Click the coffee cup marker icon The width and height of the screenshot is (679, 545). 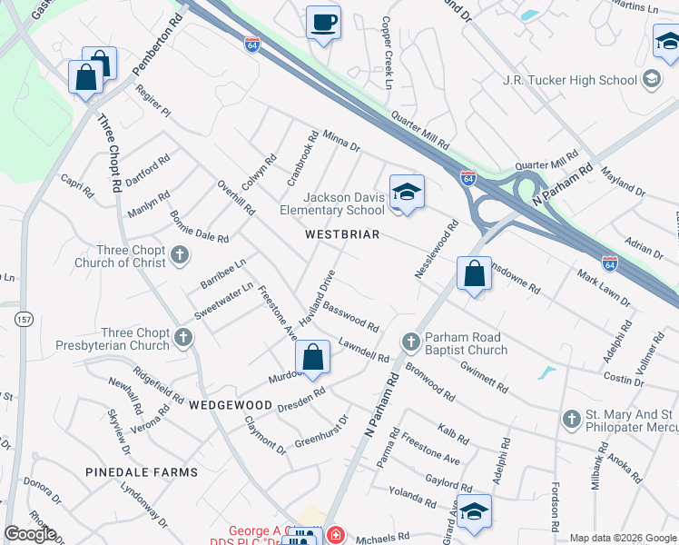coord(322,23)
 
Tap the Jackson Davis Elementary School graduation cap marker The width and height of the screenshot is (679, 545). coord(407,193)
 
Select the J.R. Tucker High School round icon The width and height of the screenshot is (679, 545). coord(651,80)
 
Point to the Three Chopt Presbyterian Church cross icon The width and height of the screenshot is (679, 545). coord(183,339)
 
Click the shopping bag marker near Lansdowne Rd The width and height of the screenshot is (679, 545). coord(475,274)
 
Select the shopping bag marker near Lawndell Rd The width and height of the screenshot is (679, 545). coord(312,358)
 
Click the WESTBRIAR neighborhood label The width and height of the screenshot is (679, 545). coord(341,234)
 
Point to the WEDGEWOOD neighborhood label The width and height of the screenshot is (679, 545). coord(231,404)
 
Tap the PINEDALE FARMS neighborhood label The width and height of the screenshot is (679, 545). coord(141,472)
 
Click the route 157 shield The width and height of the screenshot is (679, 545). coord(24,319)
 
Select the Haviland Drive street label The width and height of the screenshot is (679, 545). coord(324,290)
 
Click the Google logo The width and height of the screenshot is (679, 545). coord(30,534)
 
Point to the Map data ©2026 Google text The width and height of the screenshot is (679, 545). coord(623,538)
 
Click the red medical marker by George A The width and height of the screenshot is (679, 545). coord(335,536)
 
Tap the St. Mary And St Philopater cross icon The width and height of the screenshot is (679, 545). coord(571,419)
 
